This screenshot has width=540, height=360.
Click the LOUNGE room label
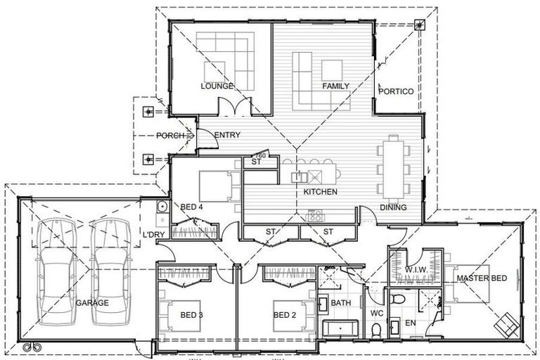coord(217,86)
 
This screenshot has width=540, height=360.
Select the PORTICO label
coord(396,91)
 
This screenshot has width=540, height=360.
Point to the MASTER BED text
coord(482,278)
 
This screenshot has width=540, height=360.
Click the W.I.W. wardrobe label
coord(418,269)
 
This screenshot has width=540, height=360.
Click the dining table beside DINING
coord(392,169)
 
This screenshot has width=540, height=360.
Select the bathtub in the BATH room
coord(341,329)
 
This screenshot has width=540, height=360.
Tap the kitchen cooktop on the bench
coord(315,216)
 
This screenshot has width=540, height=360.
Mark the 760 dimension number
coord(259,155)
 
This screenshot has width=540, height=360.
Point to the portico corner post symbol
coord(420,26)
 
